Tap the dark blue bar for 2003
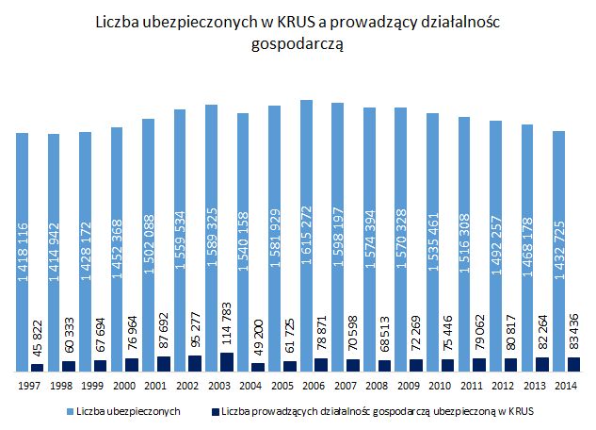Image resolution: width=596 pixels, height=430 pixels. [x=227, y=362]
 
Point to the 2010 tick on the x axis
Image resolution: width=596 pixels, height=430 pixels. [x=440, y=384]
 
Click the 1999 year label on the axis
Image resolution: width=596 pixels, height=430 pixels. [x=91, y=384]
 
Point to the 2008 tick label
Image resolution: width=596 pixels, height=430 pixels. [x=377, y=384]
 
